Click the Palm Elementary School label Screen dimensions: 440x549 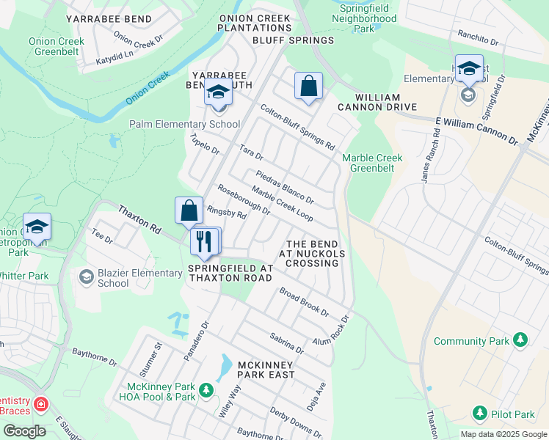pyautogui.click(x=184, y=124)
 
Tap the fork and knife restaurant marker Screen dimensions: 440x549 pyautogui.click(x=203, y=241)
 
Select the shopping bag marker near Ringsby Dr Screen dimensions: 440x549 pyautogui.click(x=189, y=210)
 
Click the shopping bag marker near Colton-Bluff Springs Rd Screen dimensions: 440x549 pyautogui.click(x=309, y=86)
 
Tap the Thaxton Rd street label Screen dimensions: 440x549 pyautogui.click(x=139, y=219)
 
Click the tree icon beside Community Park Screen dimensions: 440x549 pyautogui.click(x=520, y=340)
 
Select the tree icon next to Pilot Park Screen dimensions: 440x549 pyautogui.click(x=480, y=414)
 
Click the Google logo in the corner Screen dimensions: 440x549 pyautogui.click(x=23, y=431)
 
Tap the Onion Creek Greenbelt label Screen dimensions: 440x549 pyautogui.click(x=57, y=47)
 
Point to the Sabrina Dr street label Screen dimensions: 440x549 pyautogui.click(x=286, y=342)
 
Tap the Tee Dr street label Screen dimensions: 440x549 pyautogui.click(x=101, y=235)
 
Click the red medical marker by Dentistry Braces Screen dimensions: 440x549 pyautogui.click(x=40, y=404)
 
